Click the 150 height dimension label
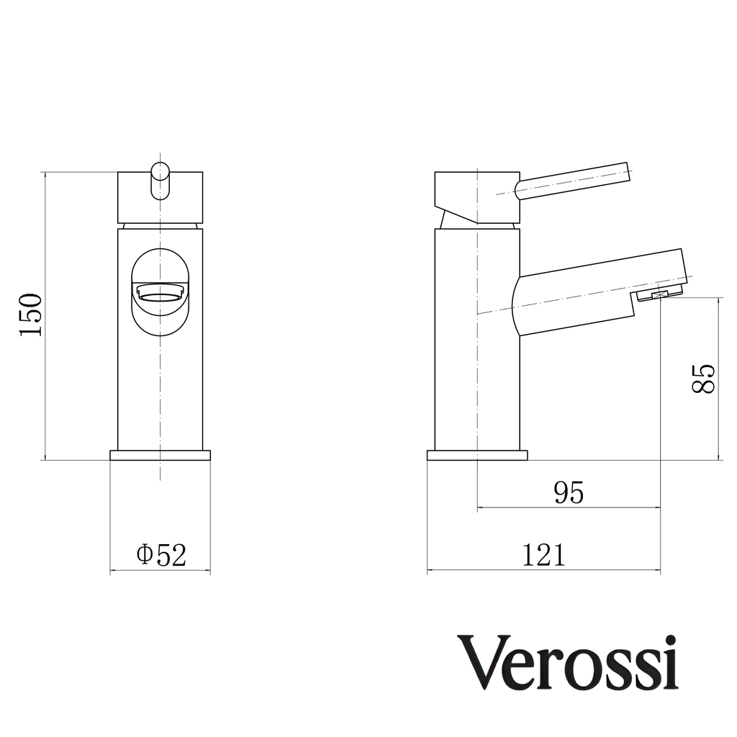point(31,315)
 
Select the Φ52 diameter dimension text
point(161,555)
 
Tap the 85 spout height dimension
point(703,378)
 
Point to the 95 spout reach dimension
point(568,492)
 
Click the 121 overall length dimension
point(543,555)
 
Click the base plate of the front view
point(160,455)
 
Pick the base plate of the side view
point(477,455)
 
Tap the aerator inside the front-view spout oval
point(160,292)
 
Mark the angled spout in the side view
point(597,291)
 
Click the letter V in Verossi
point(482,663)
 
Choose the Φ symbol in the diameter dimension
point(144,555)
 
